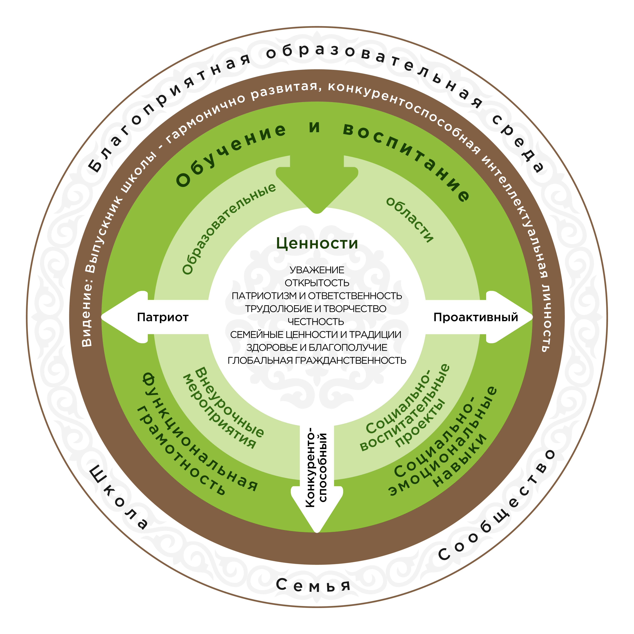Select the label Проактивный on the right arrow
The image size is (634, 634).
[x=475, y=317]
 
